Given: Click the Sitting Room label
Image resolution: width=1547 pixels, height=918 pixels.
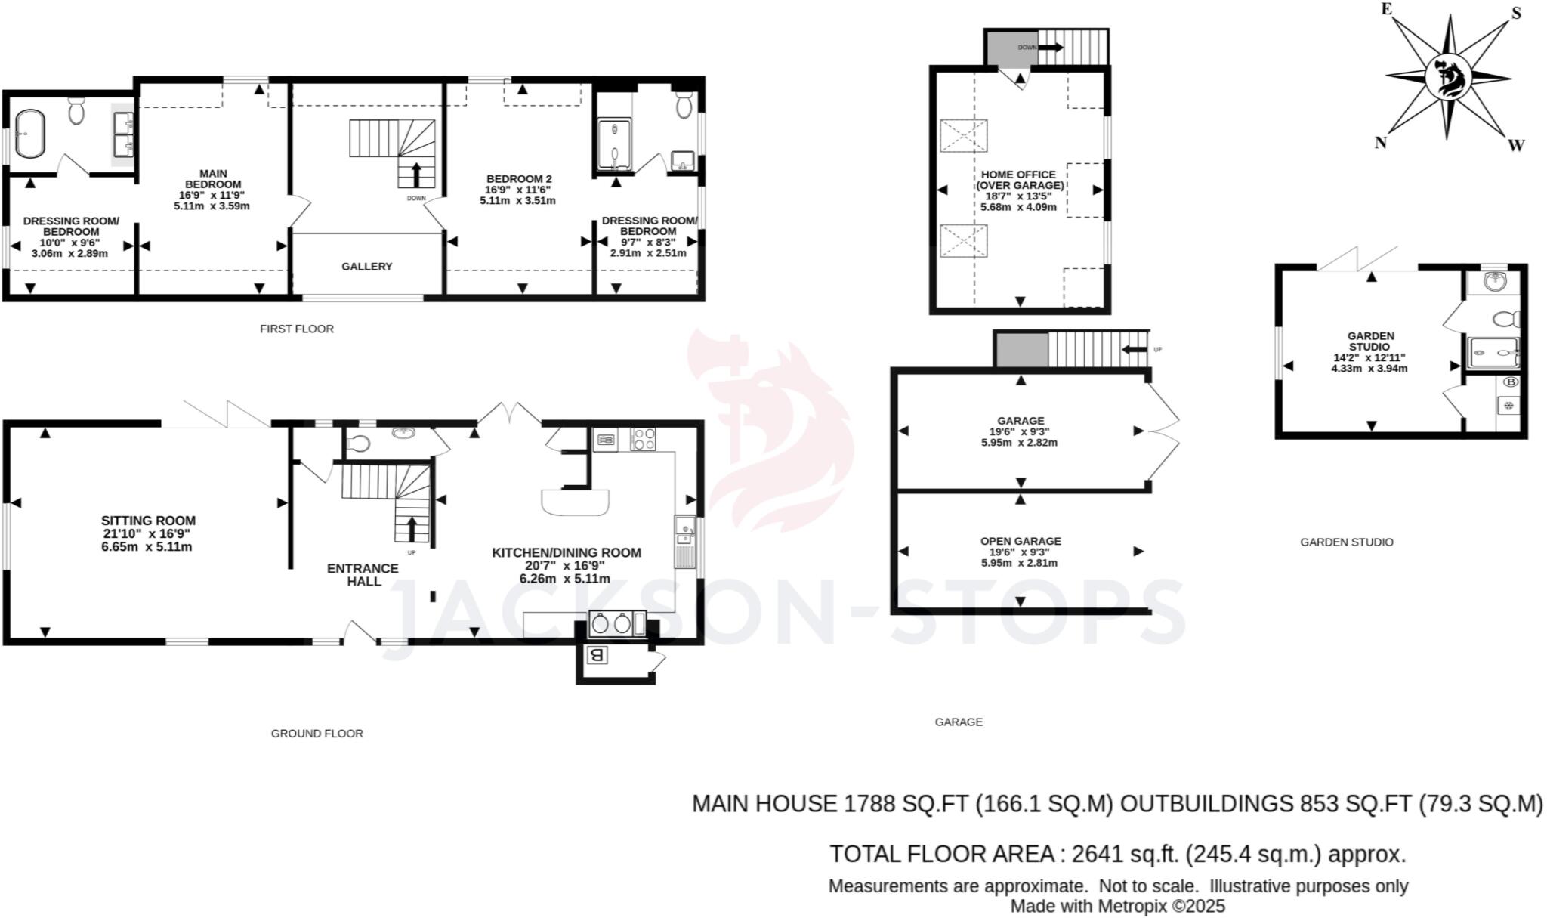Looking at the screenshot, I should (x=148, y=521).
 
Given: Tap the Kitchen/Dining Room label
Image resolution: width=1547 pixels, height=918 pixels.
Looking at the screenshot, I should (x=566, y=553).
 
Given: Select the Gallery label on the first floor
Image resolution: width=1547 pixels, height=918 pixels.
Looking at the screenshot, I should (x=366, y=267).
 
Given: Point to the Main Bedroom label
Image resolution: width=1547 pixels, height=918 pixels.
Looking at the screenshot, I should (x=213, y=179).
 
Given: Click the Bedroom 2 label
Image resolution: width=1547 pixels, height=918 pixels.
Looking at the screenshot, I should (x=519, y=179).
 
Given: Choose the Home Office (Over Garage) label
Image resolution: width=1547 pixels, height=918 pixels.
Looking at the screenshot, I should (x=1019, y=180).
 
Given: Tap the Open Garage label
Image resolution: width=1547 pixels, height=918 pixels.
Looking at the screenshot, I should (x=1021, y=541).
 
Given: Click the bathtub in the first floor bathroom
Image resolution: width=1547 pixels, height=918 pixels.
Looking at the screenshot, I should (x=31, y=134).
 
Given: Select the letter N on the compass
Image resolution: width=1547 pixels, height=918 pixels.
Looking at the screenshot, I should (x=1380, y=143).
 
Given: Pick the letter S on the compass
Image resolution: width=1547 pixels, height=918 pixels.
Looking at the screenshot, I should (x=1515, y=14).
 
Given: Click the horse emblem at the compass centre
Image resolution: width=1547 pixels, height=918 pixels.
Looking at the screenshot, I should (x=1449, y=77).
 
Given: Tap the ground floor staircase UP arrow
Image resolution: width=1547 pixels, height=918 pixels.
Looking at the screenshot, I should (x=412, y=529).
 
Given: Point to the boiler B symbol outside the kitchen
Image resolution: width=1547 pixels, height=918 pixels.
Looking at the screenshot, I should (x=597, y=655).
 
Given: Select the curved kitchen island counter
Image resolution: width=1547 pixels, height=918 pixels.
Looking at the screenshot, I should (x=575, y=502).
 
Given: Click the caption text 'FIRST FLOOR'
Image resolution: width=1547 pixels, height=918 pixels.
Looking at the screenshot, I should (x=296, y=329).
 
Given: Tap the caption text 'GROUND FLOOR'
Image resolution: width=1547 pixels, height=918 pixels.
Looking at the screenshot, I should (x=317, y=734).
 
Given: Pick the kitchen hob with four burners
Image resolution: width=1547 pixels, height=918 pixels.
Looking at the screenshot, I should (x=643, y=439).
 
